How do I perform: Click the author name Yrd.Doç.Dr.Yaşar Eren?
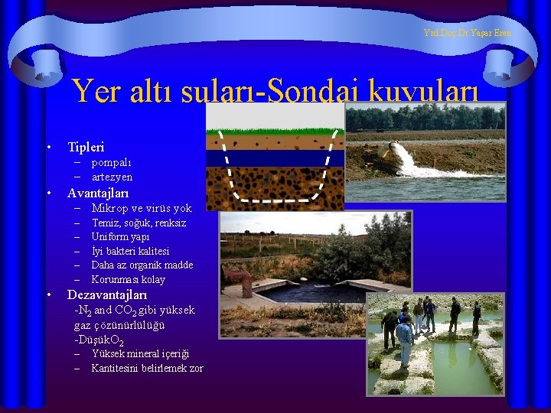pos(467,33)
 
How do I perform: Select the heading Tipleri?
pos(86,147)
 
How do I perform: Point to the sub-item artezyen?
pos(112,177)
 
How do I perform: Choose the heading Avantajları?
pos(98,193)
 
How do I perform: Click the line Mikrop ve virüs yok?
pos(142,208)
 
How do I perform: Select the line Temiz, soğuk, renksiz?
pos(139,223)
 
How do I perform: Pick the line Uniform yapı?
pos(120,237)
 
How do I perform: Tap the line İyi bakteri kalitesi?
pos(130,251)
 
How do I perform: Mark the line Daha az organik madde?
pos(142,265)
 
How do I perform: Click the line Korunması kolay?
pos(128,279)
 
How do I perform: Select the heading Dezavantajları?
pos(107,294)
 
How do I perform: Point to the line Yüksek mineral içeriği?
pos(140,353)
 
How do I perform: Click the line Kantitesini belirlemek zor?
pos(147,368)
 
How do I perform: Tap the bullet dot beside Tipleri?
pos(48,147)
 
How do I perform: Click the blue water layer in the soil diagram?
pos(275,158)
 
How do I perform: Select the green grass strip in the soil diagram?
pos(275,132)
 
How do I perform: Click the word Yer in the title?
pos(93,93)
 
